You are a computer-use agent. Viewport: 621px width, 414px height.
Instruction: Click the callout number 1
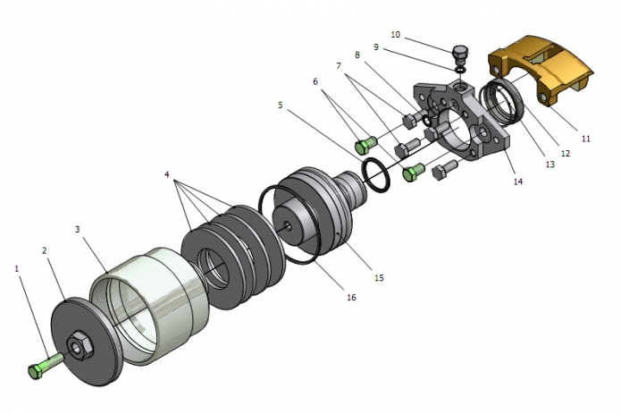click(17, 268)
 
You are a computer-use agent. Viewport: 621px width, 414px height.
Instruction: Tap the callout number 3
click(78, 230)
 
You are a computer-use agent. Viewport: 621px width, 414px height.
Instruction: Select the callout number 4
click(167, 174)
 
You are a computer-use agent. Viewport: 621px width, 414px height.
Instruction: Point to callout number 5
click(281, 106)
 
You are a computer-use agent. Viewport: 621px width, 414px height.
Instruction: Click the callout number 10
click(396, 35)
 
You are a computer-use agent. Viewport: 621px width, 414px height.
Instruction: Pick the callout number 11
click(586, 139)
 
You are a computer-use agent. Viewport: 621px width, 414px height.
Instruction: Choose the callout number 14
click(518, 182)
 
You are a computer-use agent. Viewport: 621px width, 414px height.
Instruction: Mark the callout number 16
click(351, 297)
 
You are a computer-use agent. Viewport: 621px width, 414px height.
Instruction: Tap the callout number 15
click(379, 278)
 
